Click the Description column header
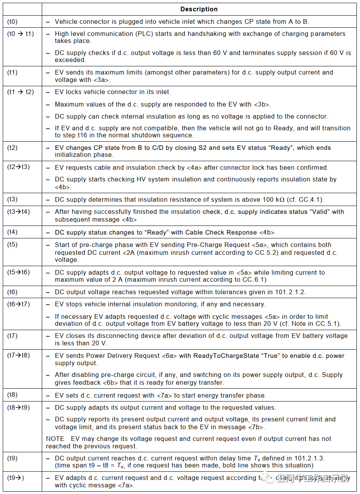[199, 9]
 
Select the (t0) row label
[12, 21]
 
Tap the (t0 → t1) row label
[21, 34]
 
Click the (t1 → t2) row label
[21, 92]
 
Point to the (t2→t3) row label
[18, 167]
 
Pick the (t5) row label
[12, 245]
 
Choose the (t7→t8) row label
[18, 355]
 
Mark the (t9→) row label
[16, 478]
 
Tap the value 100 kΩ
[273, 199]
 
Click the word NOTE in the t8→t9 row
[55, 439]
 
